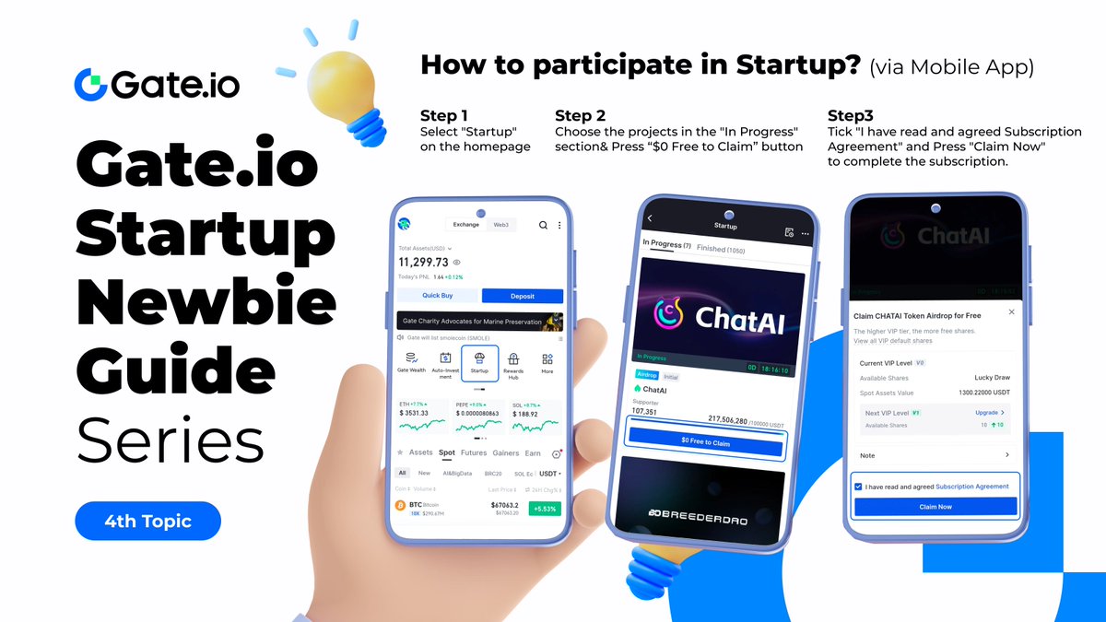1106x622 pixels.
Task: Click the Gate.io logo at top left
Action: (x=157, y=84)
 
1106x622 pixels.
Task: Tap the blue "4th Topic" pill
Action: (x=147, y=521)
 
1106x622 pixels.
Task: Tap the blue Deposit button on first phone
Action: (x=523, y=296)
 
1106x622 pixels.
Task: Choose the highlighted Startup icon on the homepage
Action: (x=479, y=363)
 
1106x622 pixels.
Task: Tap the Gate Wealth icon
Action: (x=411, y=363)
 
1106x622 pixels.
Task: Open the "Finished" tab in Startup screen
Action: (x=711, y=248)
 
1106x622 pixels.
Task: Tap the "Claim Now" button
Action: (x=935, y=507)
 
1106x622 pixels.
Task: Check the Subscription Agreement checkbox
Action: (x=859, y=487)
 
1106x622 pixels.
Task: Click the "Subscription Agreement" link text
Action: (x=971, y=487)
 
